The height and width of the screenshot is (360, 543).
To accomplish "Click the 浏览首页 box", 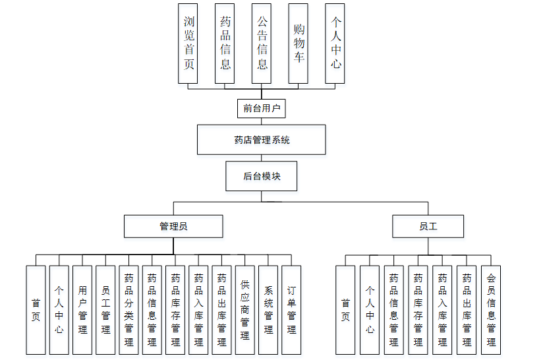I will tap(188, 43).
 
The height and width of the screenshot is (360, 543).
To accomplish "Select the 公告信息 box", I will tap(262, 43).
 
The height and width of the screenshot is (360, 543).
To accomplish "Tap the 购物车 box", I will tap(298, 43).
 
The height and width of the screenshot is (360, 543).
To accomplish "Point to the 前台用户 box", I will tap(262, 107).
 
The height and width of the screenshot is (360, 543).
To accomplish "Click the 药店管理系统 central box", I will tap(262, 140).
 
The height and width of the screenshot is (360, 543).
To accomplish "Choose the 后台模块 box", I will tap(262, 176).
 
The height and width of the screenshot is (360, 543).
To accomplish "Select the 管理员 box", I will tap(173, 226).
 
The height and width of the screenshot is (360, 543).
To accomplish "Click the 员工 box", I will tap(428, 226).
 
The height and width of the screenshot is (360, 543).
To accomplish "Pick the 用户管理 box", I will tap(82, 310).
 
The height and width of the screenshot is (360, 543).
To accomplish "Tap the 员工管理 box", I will tap(105, 310).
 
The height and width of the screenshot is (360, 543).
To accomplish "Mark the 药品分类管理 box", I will tap(129, 310).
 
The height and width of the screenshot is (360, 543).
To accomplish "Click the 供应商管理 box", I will tap(244, 310).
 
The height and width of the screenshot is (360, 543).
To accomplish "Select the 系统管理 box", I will tap(268, 310).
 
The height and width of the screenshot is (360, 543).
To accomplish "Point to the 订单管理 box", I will tap(291, 310).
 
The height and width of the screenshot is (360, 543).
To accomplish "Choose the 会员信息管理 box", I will tap(490, 310).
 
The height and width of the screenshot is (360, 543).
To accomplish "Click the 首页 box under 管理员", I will tap(36, 310).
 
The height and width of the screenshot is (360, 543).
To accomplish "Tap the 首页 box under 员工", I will tap(345, 310).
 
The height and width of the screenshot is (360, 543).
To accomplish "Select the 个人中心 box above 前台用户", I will tap(335, 43).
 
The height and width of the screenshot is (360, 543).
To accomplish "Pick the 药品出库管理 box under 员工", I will tap(467, 310).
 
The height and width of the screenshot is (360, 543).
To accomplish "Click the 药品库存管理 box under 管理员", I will tap(175, 310).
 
